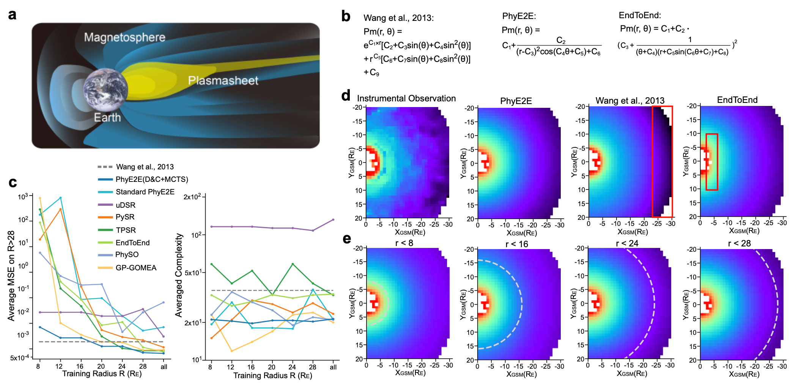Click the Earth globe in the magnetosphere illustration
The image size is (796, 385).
pos(105,90)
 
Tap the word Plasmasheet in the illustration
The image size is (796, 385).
pos(223,80)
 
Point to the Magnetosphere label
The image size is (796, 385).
pos(124,37)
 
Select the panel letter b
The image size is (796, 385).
pos(346,16)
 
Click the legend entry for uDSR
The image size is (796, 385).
pos(125,205)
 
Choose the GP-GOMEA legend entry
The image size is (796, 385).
pos(136,268)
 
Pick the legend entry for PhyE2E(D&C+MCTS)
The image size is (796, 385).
pos(151,179)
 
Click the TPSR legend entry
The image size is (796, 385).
pos(126,230)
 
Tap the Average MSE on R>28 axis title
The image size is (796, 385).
pos(11,276)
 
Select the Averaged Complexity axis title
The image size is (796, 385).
pos(179,275)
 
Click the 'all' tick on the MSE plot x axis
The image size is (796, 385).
pos(164,367)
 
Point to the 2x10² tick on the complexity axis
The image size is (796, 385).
pos(192,197)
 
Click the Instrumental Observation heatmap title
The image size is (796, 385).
pos(406,98)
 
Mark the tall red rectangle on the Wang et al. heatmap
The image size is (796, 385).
pos(662,162)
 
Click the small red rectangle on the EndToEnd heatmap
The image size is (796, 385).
pos(712,162)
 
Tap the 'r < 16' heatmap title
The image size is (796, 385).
pos(516,244)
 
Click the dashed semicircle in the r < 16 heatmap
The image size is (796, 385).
pos(522,304)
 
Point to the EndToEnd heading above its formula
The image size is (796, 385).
pos(640,15)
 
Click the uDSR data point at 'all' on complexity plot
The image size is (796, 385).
pos(333,219)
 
